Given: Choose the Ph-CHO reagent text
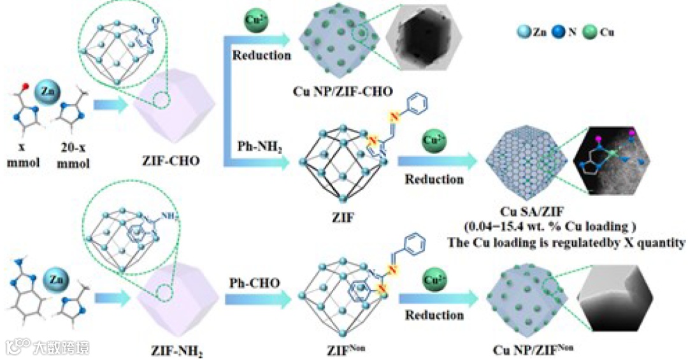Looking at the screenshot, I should pos(254,280).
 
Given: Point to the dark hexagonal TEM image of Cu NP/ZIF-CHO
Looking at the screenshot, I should pos(420,40).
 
